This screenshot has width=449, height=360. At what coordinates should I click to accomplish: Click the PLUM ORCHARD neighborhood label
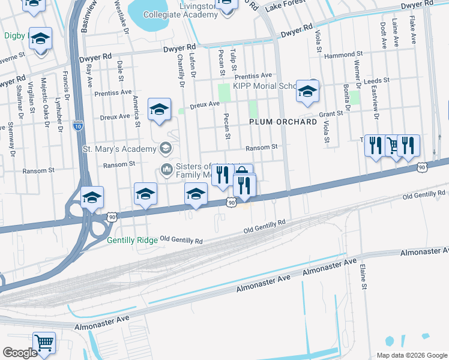pyautogui.click(x=283, y=122)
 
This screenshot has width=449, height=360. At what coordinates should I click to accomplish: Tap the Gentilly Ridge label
pyautogui.click(x=132, y=240)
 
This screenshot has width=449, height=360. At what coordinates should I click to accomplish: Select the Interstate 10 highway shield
pyautogui.click(x=78, y=126)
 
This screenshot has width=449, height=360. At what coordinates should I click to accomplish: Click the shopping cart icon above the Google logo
pyautogui.click(x=44, y=343)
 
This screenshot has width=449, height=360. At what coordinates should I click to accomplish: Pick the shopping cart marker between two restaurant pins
pyautogui.click(x=393, y=145)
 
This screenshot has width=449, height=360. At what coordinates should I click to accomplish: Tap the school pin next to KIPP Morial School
pyautogui.click(x=307, y=92)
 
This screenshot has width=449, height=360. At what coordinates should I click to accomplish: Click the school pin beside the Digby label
pyautogui.click(x=40, y=39)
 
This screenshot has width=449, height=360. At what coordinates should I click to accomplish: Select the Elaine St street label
pyautogui.click(x=363, y=278)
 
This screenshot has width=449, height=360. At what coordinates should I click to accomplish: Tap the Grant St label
pyautogui.click(x=331, y=113)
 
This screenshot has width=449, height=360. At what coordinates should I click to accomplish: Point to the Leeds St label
pyautogui.click(x=377, y=80)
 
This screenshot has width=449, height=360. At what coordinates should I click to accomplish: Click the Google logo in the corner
pyautogui.click(x=20, y=353)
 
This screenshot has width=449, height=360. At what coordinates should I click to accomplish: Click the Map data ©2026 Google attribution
pyautogui.click(x=411, y=355)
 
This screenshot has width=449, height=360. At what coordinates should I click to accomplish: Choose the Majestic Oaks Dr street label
pyautogui.click(x=43, y=95)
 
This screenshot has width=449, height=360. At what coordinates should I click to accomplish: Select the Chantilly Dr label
pyautogui.click(x=180, y=70)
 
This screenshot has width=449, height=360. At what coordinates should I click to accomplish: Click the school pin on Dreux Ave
pyautogui.click(x=159, y=110)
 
